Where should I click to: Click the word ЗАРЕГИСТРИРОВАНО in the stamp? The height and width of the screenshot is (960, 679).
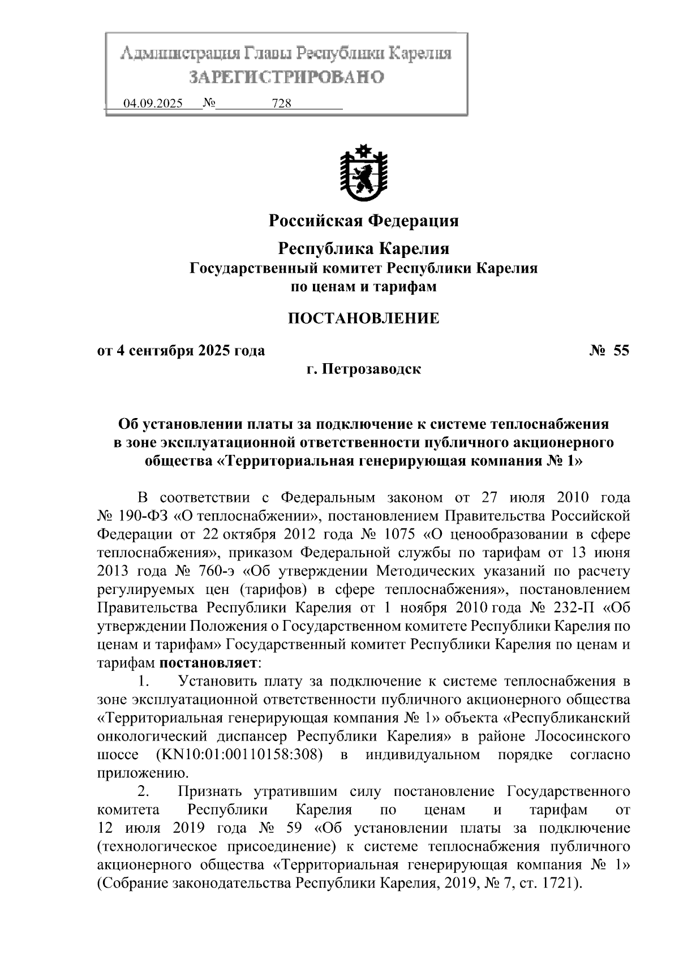pyautogui.click(x=286, y=76)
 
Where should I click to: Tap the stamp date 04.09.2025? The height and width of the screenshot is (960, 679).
pyautogui.click(x=153, y=104)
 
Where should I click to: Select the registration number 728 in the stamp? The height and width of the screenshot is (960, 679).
pyautogui.click(x=281, y=104)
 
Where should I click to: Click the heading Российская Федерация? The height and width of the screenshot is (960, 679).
pyautogui.click(x=363, y=220)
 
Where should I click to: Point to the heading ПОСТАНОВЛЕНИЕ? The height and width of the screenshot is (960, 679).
pyautogui.click(x=363, y=318)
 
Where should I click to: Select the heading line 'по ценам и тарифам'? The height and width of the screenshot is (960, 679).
pyautogui.click(x=363, y=287)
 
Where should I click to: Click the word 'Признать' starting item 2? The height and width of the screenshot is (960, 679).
pyautogui.click(x=210, y=791)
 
